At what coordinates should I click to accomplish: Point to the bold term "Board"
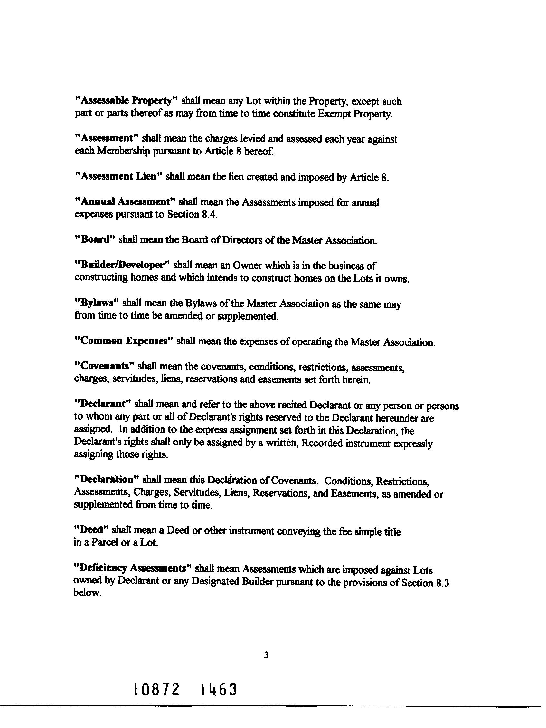(95, 239)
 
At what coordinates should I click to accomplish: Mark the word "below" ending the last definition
(86, 593)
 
